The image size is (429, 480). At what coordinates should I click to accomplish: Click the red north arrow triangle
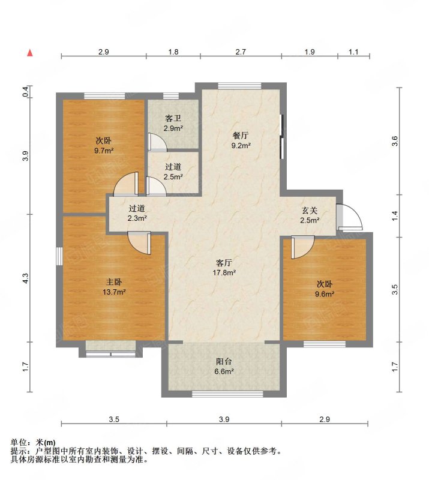[x=30, y=53]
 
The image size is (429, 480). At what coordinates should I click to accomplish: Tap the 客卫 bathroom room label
[x=173, y=118]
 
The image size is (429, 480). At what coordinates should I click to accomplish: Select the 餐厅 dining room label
[x=241, y=136]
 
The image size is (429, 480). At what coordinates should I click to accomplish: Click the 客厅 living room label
[x=224, y=263]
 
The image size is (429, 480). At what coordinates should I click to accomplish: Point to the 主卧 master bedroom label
[x=114, y=281]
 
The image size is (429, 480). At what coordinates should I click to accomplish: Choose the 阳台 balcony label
[x=224, y=362]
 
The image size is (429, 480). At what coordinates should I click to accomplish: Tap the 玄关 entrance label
[x=310, y=211]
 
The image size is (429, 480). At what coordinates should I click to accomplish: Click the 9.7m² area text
[x=104, y=151]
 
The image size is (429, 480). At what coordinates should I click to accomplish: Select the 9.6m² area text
[x=325, y=294]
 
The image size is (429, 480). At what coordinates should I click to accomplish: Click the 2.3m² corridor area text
[x=137, y=218]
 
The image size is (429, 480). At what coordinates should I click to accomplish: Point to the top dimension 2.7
[x=241, y=52]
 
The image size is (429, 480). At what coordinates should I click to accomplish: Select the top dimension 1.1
[x=353, y=52]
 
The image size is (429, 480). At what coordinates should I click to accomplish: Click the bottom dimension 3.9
[x=224, y=419]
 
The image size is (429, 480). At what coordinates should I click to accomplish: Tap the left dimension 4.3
[x=26, y=278]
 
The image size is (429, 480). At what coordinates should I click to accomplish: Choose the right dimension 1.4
[x=395, y=216]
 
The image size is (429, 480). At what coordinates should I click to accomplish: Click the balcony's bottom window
[x=227, y=394]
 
